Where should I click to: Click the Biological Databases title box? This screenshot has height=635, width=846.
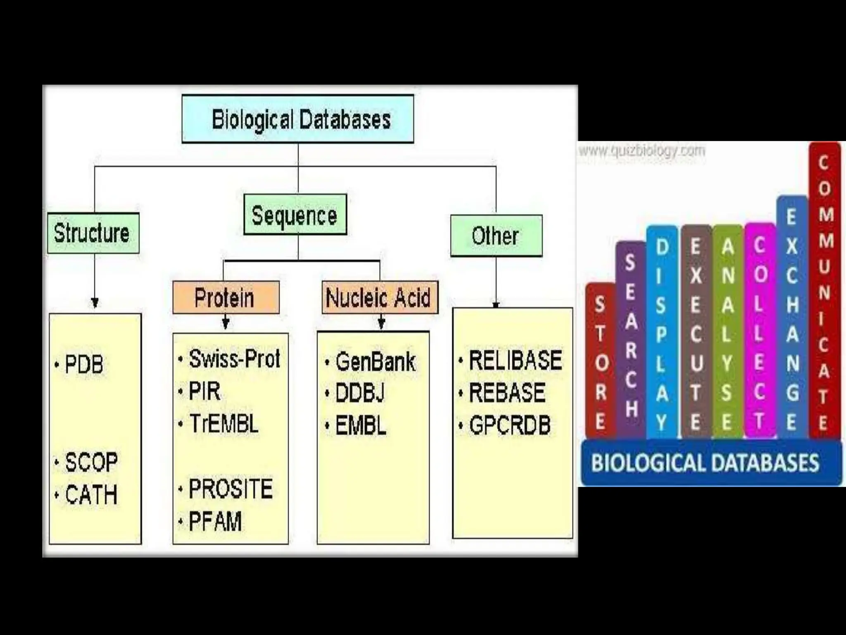pyautogui.click(x=298, y=119)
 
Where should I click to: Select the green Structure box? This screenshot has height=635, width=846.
pyautogui.click(x=93, y=233)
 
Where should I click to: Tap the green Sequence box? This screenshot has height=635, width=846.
pyautogui.click(x=295, y=215)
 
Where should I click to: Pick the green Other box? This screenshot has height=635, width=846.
pyautogui.click(x=496, y=236)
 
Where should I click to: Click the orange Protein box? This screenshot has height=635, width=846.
pyautogui.click(x=226, y=298)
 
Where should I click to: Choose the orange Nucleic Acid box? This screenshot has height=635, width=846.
pyautogui.click(x=379, y=298)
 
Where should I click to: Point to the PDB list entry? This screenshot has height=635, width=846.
pyautogui.click(x=84, y=365)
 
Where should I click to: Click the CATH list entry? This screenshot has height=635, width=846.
pyautogui.click(x=91, y=494)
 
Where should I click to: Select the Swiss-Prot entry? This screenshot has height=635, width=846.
pyautogui.click(x=234, y=358)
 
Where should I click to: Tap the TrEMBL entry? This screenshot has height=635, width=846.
pyautogui.click(x=223, y=424)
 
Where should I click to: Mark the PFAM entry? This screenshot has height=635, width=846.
pyautogui.click(x=215, y=521)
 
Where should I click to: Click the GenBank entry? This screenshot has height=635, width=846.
pyautogui.click(x=375, y=362)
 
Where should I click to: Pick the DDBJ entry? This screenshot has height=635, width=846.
pyautogui.click(x=360, y=393)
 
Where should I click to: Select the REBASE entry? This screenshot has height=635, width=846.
pyautogui.click(x=507, y=392)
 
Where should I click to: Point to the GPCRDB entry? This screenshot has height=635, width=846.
pyautogui.click(x=510, y=425)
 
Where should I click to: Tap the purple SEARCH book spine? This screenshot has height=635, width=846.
pyautogui.click(x=630, y=339)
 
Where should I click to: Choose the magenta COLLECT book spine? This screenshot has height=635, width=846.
pyautogui.click(x=760, y=331)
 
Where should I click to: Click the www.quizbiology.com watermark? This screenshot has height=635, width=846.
pyautogui.click(x=642, y=150)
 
